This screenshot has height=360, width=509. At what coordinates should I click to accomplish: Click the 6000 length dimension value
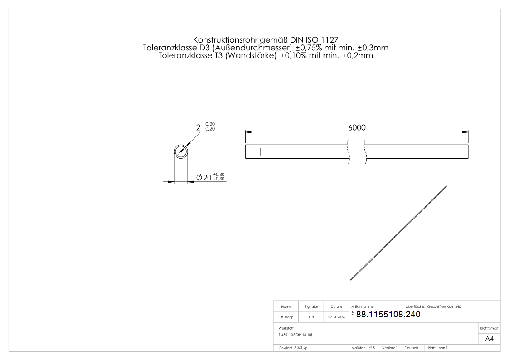[357, 128]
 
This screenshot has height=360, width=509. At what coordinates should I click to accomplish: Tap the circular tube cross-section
[181, 151]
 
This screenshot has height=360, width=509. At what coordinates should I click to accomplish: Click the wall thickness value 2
[198, 128]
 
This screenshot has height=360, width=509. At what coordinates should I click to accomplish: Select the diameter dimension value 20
[207, 178]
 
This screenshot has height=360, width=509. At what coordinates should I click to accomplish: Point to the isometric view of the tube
[399, 234]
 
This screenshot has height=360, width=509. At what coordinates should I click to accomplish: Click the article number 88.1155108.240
[388, 314]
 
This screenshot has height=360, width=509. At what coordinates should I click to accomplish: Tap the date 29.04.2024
[336, 317]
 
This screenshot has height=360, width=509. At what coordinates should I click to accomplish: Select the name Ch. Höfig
[286, 317]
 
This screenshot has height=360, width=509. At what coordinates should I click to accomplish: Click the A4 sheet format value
[489, 339]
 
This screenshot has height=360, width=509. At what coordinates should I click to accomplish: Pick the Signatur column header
[311, 307]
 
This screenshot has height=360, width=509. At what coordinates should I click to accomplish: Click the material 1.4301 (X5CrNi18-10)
[296, 334]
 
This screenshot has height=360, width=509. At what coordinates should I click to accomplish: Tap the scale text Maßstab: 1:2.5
[363, 348]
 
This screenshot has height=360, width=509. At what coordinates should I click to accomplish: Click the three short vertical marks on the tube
[260, 151]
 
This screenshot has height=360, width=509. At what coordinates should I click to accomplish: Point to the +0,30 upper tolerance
[219, 175]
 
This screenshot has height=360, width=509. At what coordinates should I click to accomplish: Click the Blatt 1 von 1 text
[438, 348]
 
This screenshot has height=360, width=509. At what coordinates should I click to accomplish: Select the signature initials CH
[311, 317]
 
